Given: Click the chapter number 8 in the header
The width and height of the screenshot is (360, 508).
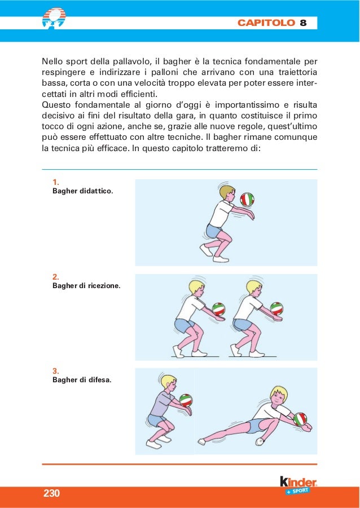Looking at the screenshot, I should (x=303, y=23).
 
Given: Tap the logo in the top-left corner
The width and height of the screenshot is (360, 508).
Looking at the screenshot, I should (x=54, y=16).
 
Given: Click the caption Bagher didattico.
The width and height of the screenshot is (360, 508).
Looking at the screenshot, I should (x=82, y=192).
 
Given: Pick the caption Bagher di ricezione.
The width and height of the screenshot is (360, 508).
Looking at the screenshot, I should (x=86, y=286).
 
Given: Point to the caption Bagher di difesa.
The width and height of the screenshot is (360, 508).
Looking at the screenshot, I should (x=81, y=379).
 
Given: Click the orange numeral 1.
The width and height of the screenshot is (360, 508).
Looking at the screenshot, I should (x=55, y=182).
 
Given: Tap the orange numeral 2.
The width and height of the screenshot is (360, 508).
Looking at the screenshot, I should (x=55, y=276).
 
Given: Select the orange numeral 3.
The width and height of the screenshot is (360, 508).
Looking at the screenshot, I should (x=55, y=370).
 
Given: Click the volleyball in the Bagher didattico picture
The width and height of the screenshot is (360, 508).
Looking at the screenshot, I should (x=247, y=199).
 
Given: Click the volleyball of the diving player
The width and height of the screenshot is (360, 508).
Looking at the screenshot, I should (x=300, y=419).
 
